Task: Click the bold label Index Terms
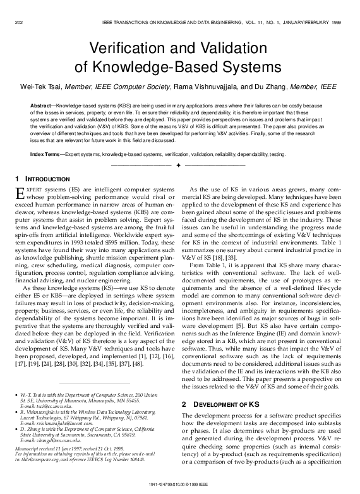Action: click(x=45, y=154)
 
